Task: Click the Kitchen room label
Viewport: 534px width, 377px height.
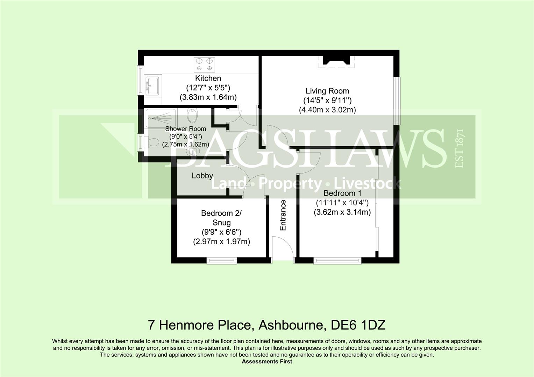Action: click(208, 78)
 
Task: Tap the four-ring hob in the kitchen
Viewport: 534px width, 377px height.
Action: click(204, 65)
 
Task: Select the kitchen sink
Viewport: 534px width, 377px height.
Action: click(152, 86)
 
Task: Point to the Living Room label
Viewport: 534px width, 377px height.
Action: click(327, 91)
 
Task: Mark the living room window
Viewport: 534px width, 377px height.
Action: click(397, 101)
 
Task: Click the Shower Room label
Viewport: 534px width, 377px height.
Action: click(185, 129)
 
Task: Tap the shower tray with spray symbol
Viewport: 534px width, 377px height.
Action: click(162, 118)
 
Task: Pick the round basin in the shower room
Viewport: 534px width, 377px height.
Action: click(192, 151)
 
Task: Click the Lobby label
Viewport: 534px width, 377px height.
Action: click(202, 176)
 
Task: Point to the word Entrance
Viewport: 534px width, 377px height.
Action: click(283, 215)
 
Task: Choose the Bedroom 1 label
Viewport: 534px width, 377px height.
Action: click(342, 193)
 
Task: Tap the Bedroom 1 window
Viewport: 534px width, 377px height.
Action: click(337, 261)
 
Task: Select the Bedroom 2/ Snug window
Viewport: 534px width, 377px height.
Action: click(221, 261)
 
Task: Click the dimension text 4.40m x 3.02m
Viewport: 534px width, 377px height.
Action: click(327, 110)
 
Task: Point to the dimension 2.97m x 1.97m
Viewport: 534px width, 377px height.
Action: click(221, 242)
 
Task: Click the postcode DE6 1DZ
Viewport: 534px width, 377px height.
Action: click(358, 325)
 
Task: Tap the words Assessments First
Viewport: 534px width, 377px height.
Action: click(267, 362)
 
